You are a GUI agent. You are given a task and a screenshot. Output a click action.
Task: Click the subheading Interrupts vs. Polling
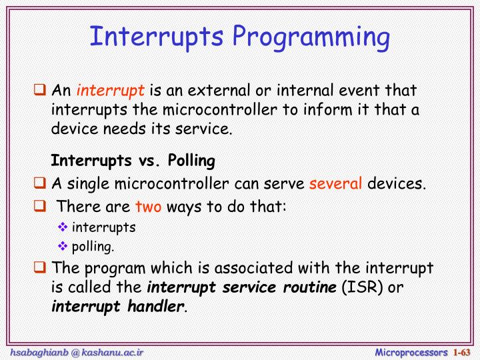coord(133,161)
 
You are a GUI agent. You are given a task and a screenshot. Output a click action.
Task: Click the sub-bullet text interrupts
coord(104,227)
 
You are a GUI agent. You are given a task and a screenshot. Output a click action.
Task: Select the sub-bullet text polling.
coord(93,247)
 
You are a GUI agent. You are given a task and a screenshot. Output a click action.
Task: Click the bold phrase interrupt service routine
coord(242,288)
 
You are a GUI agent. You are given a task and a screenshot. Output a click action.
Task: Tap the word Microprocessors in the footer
coord(411,351)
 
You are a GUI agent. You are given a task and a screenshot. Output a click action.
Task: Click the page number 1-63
coord(462,351)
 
